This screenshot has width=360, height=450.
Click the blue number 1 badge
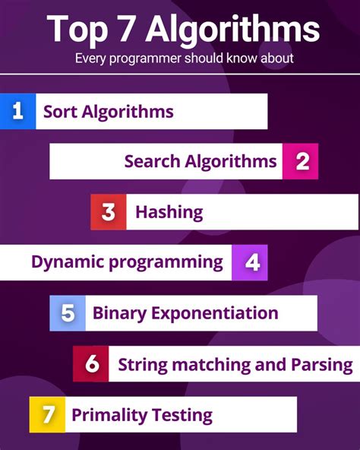pyautogui.click(x=18, y=112)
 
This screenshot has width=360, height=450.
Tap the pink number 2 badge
pyautogui.click(x=300, y=161)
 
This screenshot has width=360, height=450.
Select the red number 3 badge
pyautogui.click(x=108, y=212)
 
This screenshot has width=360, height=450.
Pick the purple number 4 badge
pyautogui.click(x=250, y=263)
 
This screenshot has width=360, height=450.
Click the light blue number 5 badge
pyautogui.click(x=68, y=313)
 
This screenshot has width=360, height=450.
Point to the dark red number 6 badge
pyautogui.click(x=91, y=364)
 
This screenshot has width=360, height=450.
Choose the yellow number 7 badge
pyautogui.click(x=47, y=415)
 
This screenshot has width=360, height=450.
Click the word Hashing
pyautogui.click(x=169, y=212)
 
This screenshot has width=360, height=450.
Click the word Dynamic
pyautogui.click(x=66, y=262)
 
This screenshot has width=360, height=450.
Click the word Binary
pyautogui.click(x=118, y=313)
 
